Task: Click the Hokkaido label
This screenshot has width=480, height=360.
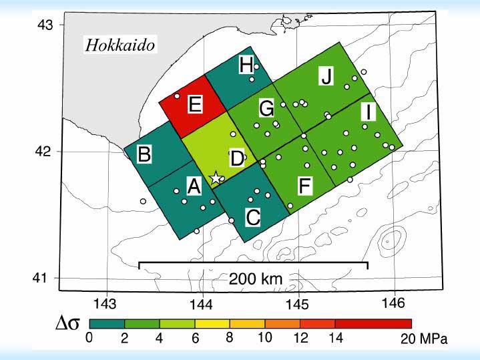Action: coord(120,45)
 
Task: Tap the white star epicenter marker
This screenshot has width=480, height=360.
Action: coord(216,178)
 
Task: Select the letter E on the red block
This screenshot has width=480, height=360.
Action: coord(194,104)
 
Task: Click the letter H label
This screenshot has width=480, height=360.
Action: coord(246,65)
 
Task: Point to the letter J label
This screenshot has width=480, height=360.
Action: coord(326,76)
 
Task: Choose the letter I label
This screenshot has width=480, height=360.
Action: coord(367,112)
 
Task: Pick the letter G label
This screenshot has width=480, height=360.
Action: coord(266,108)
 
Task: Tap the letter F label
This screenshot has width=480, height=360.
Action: coord(304,186)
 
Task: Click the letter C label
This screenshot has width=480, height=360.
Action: coord(253,217)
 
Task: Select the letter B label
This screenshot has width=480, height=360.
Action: coord(144,154)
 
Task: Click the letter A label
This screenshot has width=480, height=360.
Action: coord(194,187)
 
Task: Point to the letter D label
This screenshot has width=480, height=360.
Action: coord(237,159)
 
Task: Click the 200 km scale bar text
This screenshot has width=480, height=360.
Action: coord(254,278)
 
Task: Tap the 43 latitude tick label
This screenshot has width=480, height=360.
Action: coord(44,25)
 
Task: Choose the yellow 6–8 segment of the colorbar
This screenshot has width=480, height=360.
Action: coord(213,324)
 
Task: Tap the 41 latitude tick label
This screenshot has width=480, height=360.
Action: coord(44,278)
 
